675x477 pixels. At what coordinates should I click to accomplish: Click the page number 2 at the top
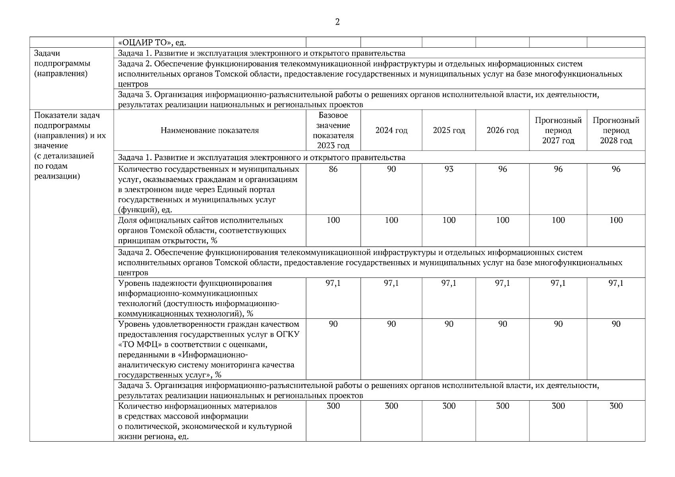pyautogui.click(x=337, y=22)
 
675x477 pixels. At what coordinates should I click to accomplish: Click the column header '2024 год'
pyautogui.click(x=391, y=130)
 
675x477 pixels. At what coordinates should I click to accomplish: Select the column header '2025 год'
pyautogui.click(x=449, y=130)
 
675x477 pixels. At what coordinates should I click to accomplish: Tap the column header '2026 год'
pyautogui.click(x=502, y=130)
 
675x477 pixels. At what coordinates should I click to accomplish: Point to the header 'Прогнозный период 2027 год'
pyautogui.click(x=558, y=130)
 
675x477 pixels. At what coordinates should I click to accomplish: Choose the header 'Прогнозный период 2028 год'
pyautogui.click(x=616, y=130)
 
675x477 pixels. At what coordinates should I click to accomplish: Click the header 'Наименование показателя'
pyautogui.click(x=209, y=130)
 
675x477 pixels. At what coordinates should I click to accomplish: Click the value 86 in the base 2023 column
pyautogui.click(x=333, y=169)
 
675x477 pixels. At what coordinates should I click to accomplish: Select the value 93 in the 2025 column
pyautogui.click(x=449, y=169)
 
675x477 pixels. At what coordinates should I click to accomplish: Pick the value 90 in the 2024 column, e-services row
pyautogui.click(x=391, y=169)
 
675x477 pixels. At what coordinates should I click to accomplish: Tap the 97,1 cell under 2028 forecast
pyautogui.click(x=616, y=283)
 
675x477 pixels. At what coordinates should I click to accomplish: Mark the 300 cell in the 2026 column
pyautogui.click(x=502, y=406)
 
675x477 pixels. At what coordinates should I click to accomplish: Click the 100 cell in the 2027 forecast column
pyautogui.click(x=558, y=220)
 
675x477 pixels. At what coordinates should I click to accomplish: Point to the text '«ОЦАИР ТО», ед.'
pyautogui.click(x=152, y=43)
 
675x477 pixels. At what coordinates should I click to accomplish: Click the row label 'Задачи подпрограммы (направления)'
pyautogui.click(x=62, y=64)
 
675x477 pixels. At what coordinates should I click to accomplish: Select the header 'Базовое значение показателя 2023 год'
pyautogui.click(x=333, y=130)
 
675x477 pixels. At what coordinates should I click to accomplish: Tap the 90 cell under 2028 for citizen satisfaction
pyautogui.click(x=616, y=324)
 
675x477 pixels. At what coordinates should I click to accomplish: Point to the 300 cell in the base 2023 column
pyautogui.click(x=333, y=406)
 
